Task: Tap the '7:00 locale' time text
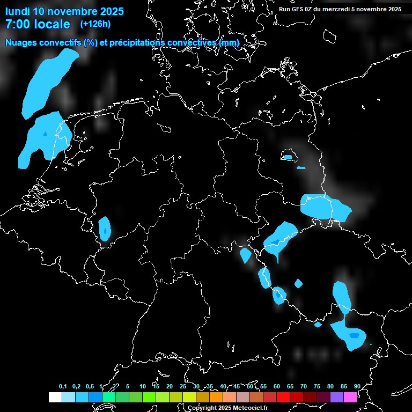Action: [x=38, y=24]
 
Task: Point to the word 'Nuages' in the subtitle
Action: [x=21, y=42]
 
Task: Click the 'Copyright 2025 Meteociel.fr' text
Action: [x=227, y=408]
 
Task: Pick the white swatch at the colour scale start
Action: [x=55, y=397]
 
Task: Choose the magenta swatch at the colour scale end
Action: [x=350, y=397]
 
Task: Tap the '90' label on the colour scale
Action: [x=357, y=386]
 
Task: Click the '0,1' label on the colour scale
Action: [x=63, y=386]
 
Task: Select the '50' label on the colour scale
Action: [x=250, y=386]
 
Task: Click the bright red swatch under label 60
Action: [x=283, y=397]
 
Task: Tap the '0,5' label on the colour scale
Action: [x=90, y=386]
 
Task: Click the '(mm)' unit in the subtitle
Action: [x=229, y=42]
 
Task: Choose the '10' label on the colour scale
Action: [x=143, y=386]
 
